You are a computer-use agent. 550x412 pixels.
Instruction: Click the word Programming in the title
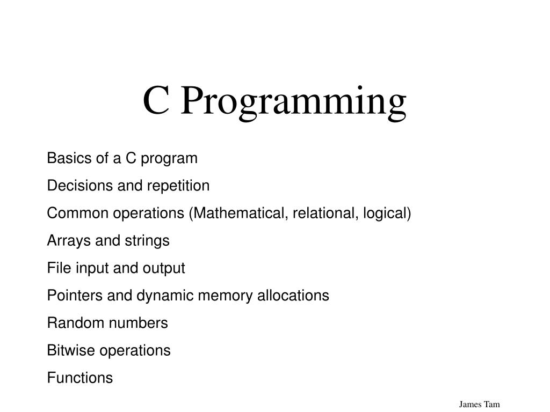click(x=294, y=102)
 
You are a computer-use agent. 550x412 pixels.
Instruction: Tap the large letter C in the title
click(x=156, y=100)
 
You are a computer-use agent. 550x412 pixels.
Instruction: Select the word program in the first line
click(x=169, y=159)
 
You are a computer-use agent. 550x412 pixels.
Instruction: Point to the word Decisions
click(x=80, y=185)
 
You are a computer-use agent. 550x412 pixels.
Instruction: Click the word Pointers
click(x=74, y=296)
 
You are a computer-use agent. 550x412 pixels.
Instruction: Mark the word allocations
click(x=293, y=296)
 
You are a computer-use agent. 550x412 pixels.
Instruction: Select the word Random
click(x=73, y=323)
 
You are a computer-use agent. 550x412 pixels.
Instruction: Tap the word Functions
click(x=80, y=378)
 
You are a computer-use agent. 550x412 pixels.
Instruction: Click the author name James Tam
click(x=479, y=404)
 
